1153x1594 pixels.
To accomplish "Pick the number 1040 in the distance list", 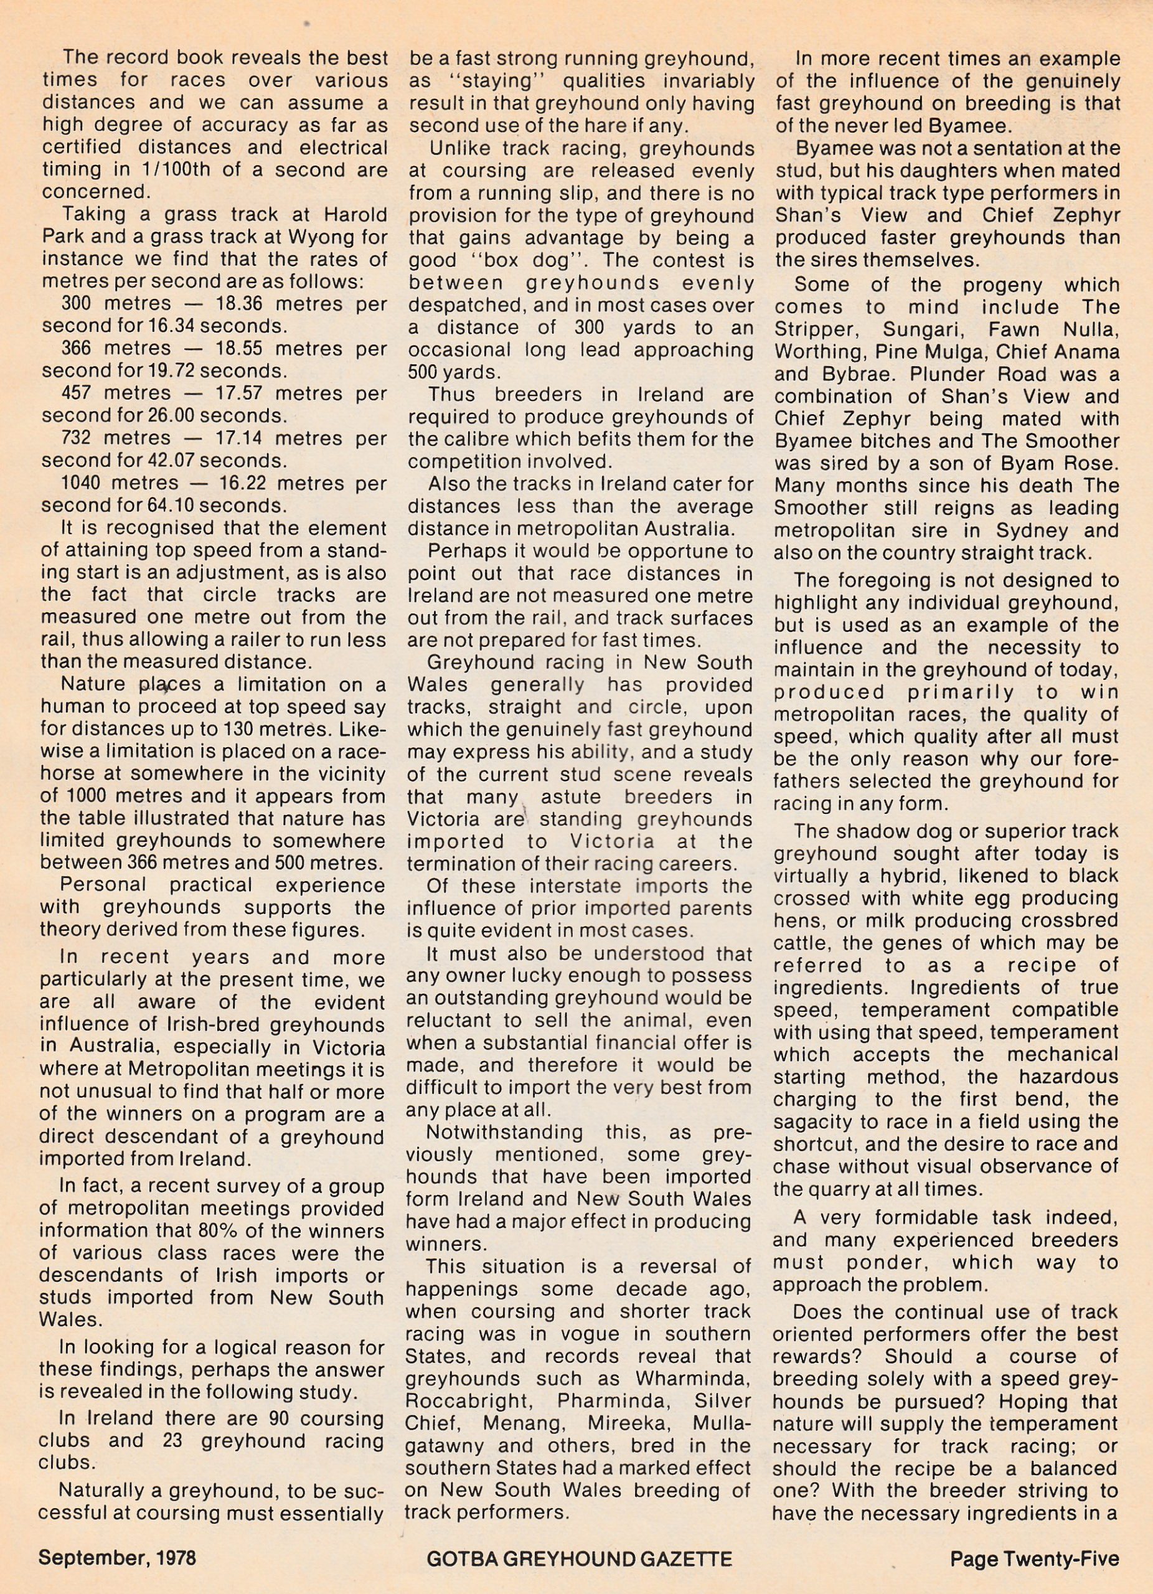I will (82, 484).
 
